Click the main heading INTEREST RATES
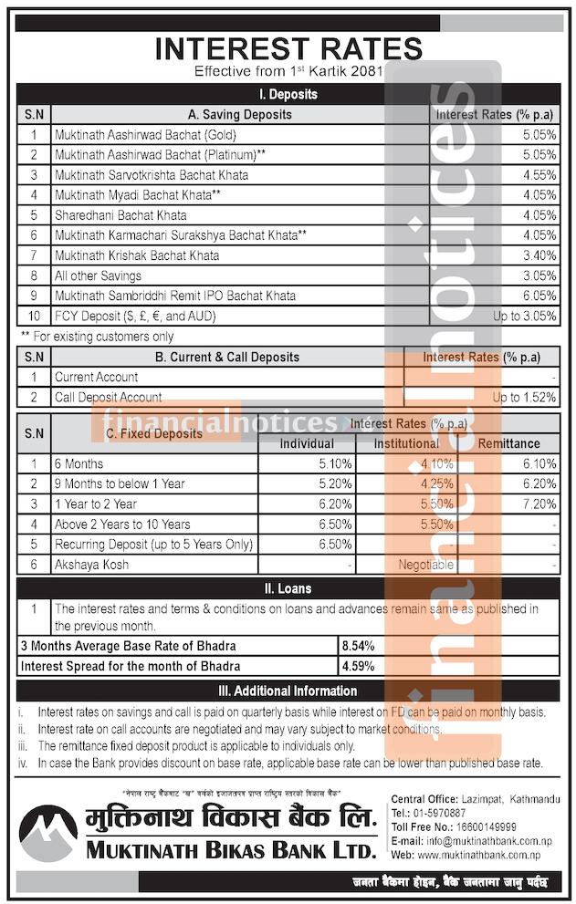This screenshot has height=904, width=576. [288, 47]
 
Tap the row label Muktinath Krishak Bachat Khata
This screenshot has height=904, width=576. [137, 255]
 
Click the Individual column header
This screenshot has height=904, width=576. [306, 443]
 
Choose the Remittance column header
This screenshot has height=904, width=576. [508, 443]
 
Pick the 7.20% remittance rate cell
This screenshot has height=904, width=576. [538, 504]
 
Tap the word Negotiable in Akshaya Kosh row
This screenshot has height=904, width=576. [425, 565]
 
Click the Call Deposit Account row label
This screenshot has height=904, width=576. [109, 397]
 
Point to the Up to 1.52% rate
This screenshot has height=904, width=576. [524, 397]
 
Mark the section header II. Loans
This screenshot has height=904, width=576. [288, 588]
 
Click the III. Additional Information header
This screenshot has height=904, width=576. [288, 691]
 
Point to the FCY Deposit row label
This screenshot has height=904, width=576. [133, 316]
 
